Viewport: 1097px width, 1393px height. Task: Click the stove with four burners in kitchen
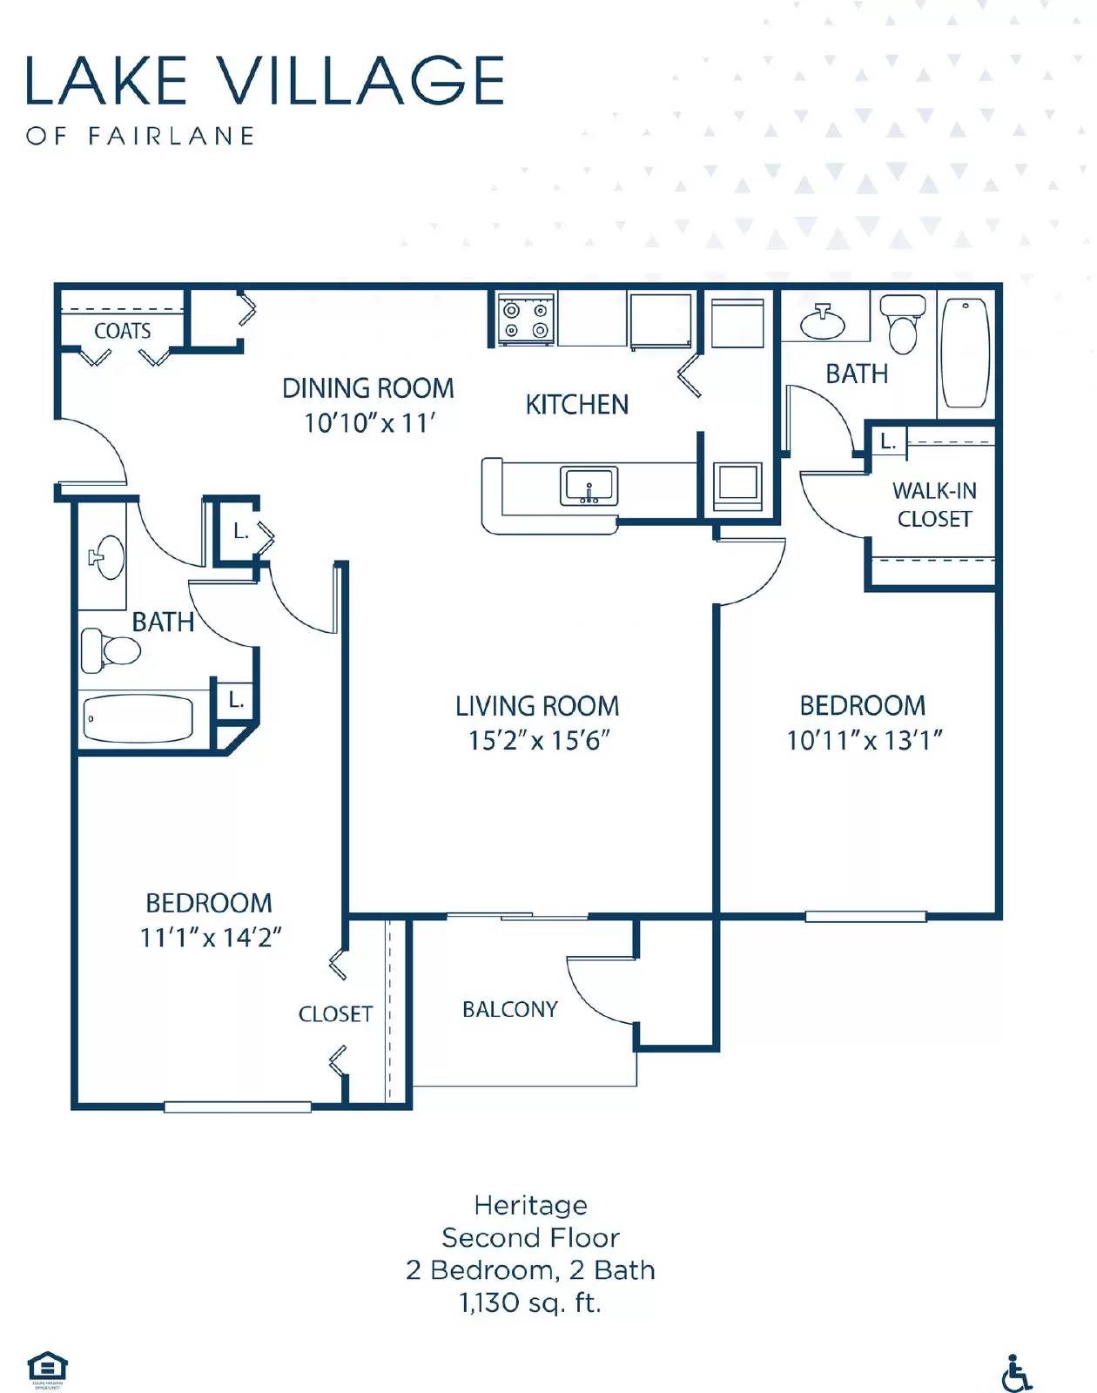pos(526,320)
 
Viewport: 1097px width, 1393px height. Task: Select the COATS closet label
pos(122,331)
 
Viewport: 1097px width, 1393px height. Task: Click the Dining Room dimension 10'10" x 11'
pos(369,423)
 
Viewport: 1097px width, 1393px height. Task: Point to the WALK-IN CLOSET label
pos(934,504)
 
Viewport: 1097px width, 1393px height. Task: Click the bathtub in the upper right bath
pos(965,353)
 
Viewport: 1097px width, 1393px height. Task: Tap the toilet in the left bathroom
pos(111,649)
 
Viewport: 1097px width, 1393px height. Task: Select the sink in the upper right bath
pos(822,323)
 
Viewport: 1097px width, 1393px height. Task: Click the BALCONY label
pos(509,1009)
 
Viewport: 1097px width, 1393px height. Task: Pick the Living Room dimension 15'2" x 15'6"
pos(538,740)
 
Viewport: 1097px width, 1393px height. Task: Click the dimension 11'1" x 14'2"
pos(210,938)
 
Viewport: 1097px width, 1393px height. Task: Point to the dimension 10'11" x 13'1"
pos(864,740)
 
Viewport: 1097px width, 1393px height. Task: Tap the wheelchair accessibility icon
pos(1015,1373)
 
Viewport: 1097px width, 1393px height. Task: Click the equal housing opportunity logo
pos(47,1367)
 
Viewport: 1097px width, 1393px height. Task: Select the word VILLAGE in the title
pos(360,80)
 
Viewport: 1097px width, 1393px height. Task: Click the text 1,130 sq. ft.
pos(530,1302)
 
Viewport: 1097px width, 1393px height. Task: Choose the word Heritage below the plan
pos(530,1205)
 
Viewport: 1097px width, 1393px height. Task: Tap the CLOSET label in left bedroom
pos(335,1014)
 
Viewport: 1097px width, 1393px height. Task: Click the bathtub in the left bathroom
pos(138,718)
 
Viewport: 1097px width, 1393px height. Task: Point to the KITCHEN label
pos(576,405)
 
